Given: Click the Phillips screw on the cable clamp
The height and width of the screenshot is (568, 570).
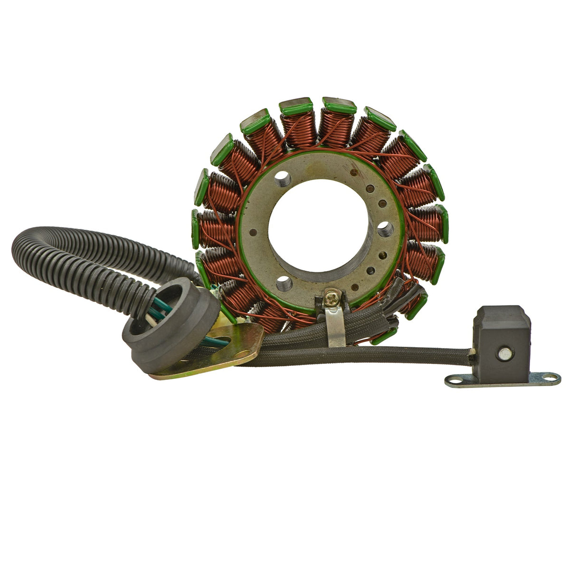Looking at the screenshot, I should point(332,300).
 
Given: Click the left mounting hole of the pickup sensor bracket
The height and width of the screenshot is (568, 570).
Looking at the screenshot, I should point(454,380).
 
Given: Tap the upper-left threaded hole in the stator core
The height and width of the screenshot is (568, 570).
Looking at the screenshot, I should point(282,179).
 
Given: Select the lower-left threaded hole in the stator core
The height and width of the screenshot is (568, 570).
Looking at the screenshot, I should point(284,284).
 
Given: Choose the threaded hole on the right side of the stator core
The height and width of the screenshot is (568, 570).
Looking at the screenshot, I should point(385,230).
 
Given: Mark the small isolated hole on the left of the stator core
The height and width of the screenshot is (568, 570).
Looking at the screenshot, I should point(253,232).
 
